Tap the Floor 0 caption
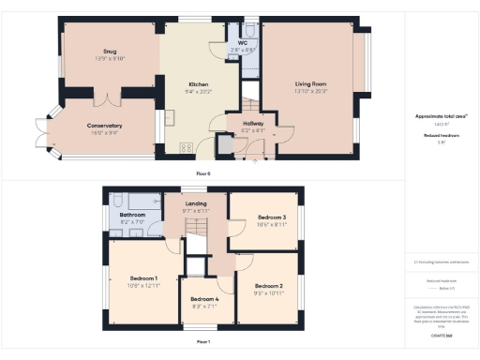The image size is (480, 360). click(202, 173)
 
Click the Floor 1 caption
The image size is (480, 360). click(202, 341)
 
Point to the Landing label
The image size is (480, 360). click(196, 203)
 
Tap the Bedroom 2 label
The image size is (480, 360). click(268, 286)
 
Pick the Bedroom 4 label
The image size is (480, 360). click(205, 298)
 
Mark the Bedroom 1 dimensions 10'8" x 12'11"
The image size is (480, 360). click(144, 285)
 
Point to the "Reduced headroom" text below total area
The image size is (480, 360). click(441, 135)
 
